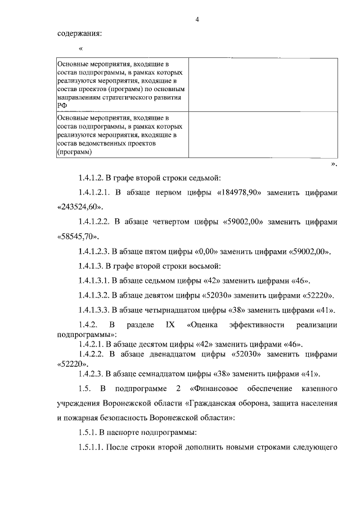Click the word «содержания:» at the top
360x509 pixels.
point(80,34)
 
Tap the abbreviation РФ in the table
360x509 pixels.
point(62,105)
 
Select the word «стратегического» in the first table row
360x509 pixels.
point(125,97)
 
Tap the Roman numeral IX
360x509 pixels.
point(170,325)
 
